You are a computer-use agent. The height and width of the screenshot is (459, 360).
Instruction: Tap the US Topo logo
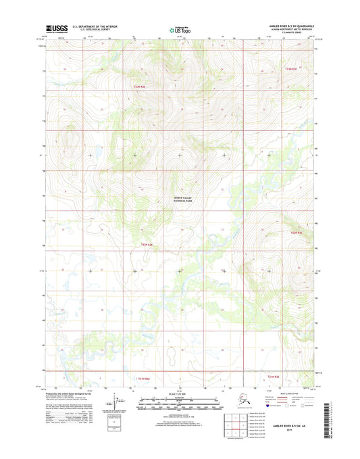pyautogui.click(x=180, y=30)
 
